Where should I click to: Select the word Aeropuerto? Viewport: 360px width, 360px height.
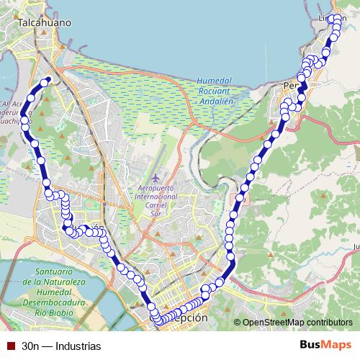pyautogui.click(x=156, y=188)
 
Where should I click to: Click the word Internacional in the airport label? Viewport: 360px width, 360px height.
pyautogui.click(x=156, y=197)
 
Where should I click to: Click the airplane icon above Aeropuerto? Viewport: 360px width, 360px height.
pyautogui.click(x=158, y=177)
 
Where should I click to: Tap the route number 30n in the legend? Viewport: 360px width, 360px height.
pyautogui.click(x=30, y=346)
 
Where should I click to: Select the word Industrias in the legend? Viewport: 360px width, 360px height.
pyautogui.click(x=81, y=346)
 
